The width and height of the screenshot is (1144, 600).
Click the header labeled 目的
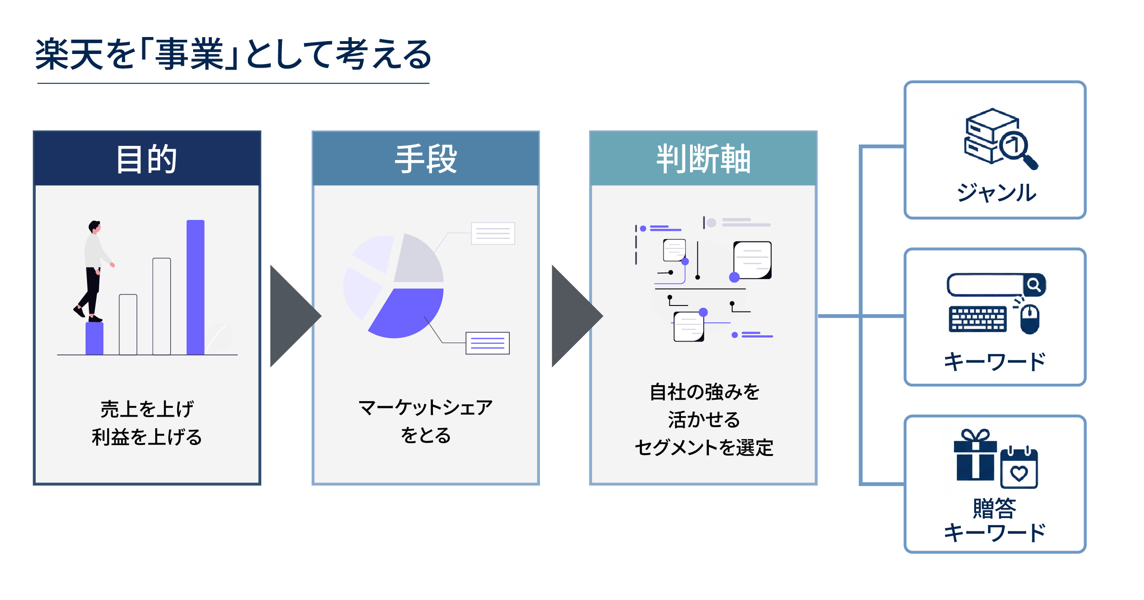click(x=146, y=159)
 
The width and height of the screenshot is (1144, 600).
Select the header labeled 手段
click(x=426, y=159)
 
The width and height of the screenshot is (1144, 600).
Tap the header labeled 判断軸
click(x=703, y=159)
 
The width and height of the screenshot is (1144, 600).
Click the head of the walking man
click(x=95, y=226)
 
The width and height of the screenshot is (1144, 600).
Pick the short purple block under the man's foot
click(x=94, y=338)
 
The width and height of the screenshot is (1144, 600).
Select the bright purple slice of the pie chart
click(x=405, y=311)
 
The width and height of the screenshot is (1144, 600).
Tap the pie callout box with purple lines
click(x=487, y=343)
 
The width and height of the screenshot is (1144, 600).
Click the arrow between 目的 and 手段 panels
click(x=293, y=316)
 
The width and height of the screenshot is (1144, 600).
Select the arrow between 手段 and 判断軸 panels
click(x=574, y=316)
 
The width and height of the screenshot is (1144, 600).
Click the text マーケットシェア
click(x=426, y=407)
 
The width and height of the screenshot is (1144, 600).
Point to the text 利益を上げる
click(x=146, y=437)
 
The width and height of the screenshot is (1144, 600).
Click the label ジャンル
click(x=996, y=193)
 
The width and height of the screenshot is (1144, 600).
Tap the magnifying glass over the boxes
click(x=1017, y=149)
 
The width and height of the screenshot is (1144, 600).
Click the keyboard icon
click(x=977, y=319)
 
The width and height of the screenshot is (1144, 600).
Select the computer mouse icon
click(x=1030, y=319)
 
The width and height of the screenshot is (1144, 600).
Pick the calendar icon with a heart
click(x=1019, y=469)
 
